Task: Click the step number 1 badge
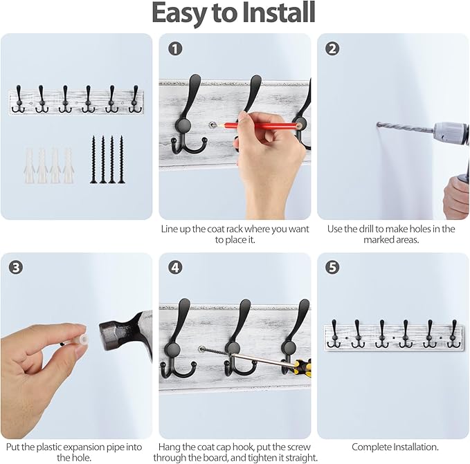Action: pos(174,48)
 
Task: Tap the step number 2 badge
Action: pos(332,48)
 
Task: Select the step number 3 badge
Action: pos(16,268)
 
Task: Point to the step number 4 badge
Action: pos(174,268)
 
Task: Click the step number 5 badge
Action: pos(332,268)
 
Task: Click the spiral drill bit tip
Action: pos(381,125)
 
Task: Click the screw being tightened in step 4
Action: pos(214,354)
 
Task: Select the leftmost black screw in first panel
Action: pos(93,160)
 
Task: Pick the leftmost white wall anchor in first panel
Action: pos(30,165)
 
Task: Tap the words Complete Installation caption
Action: pos(395,447)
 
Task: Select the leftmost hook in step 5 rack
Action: pos(334,334)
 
